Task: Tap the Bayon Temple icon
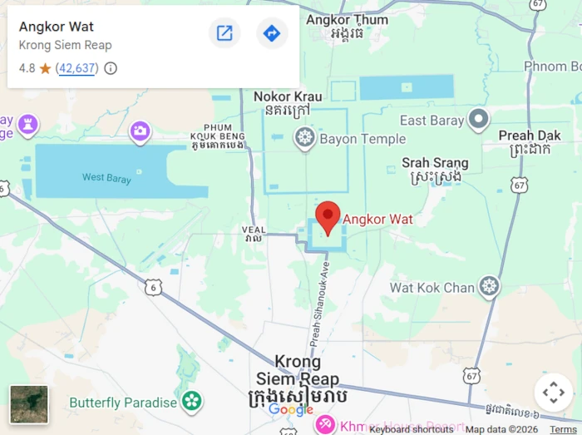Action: point(305,139)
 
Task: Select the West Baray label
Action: point(104,177)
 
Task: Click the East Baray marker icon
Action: point(478,121)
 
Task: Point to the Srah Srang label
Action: point(435,163)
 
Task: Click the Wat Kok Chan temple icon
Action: point(489,288)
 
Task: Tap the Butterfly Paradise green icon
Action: point(192,402)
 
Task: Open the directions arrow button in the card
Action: point(271,33)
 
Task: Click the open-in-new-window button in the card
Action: point(224,33)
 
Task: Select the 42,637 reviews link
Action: point(76,68)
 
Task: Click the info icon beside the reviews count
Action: point(111,68)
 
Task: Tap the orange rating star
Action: point(45,68)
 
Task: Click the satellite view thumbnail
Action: point(29,404)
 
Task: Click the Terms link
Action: point(563,429)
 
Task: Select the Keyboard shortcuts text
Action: point(412,429)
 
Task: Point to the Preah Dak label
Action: point(530,136)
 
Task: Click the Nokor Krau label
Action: point(288,97)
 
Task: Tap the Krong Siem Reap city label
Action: point(298,371)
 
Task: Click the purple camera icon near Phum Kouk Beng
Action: point(140,131)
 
